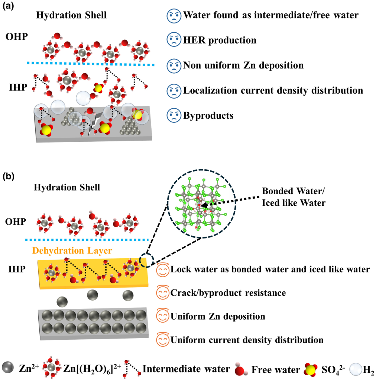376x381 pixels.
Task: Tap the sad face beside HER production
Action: click(x=174, y=41)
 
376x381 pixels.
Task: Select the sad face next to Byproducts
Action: click(x=174, y=116)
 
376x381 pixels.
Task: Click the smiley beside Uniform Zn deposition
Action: click(x=162, y=317)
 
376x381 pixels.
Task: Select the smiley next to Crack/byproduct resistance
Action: click(x=162, y=293)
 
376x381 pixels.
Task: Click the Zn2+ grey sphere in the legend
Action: click(x=7, y=369)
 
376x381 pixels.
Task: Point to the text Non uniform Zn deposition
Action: click(x=243, y=66)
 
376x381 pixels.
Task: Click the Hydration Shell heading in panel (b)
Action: click(x=67, y=187)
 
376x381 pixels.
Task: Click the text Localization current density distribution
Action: click(x=273, y=90)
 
